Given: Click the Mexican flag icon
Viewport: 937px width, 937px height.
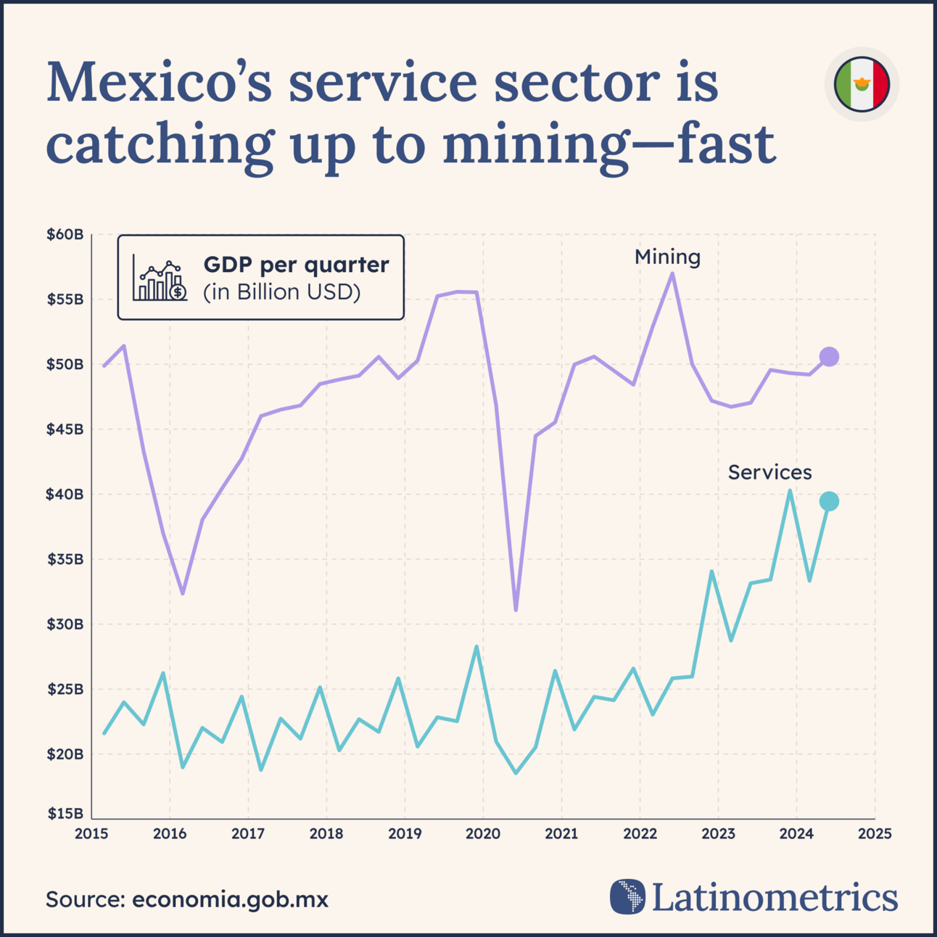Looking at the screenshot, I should click(862, 84).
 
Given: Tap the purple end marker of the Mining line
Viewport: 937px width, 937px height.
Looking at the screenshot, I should click(829, 357).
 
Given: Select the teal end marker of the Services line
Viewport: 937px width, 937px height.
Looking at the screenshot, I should click(829, 501).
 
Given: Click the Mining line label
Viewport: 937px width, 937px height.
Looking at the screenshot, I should click(667, 257).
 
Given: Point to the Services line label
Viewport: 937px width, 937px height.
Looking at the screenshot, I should click(769, 472).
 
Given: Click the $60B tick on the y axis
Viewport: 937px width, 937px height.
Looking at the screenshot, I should click(65, 235).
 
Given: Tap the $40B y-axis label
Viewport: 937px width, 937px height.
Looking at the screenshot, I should click(65, 495).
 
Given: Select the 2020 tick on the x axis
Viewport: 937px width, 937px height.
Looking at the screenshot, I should click(483, 834).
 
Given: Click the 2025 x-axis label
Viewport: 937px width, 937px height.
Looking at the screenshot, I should click(875, 834).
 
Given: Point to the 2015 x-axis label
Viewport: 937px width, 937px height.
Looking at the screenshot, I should click(91, 834).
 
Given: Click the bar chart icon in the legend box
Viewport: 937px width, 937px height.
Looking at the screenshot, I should click(160, 278).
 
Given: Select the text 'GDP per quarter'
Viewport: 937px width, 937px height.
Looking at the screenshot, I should click(296, 265).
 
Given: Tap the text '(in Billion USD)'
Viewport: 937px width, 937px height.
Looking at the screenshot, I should click(281, 292).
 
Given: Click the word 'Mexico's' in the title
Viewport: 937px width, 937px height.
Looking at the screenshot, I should click(159, 82).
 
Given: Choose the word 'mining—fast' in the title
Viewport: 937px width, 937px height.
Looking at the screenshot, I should click(609, 144).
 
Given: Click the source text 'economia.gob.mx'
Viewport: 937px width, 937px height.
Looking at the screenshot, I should click(230, 900).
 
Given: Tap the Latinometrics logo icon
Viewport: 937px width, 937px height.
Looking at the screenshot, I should click(627, 896).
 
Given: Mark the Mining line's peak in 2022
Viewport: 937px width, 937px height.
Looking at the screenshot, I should click(673, 273).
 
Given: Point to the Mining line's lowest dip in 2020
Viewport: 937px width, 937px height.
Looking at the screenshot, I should click(516, 610).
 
